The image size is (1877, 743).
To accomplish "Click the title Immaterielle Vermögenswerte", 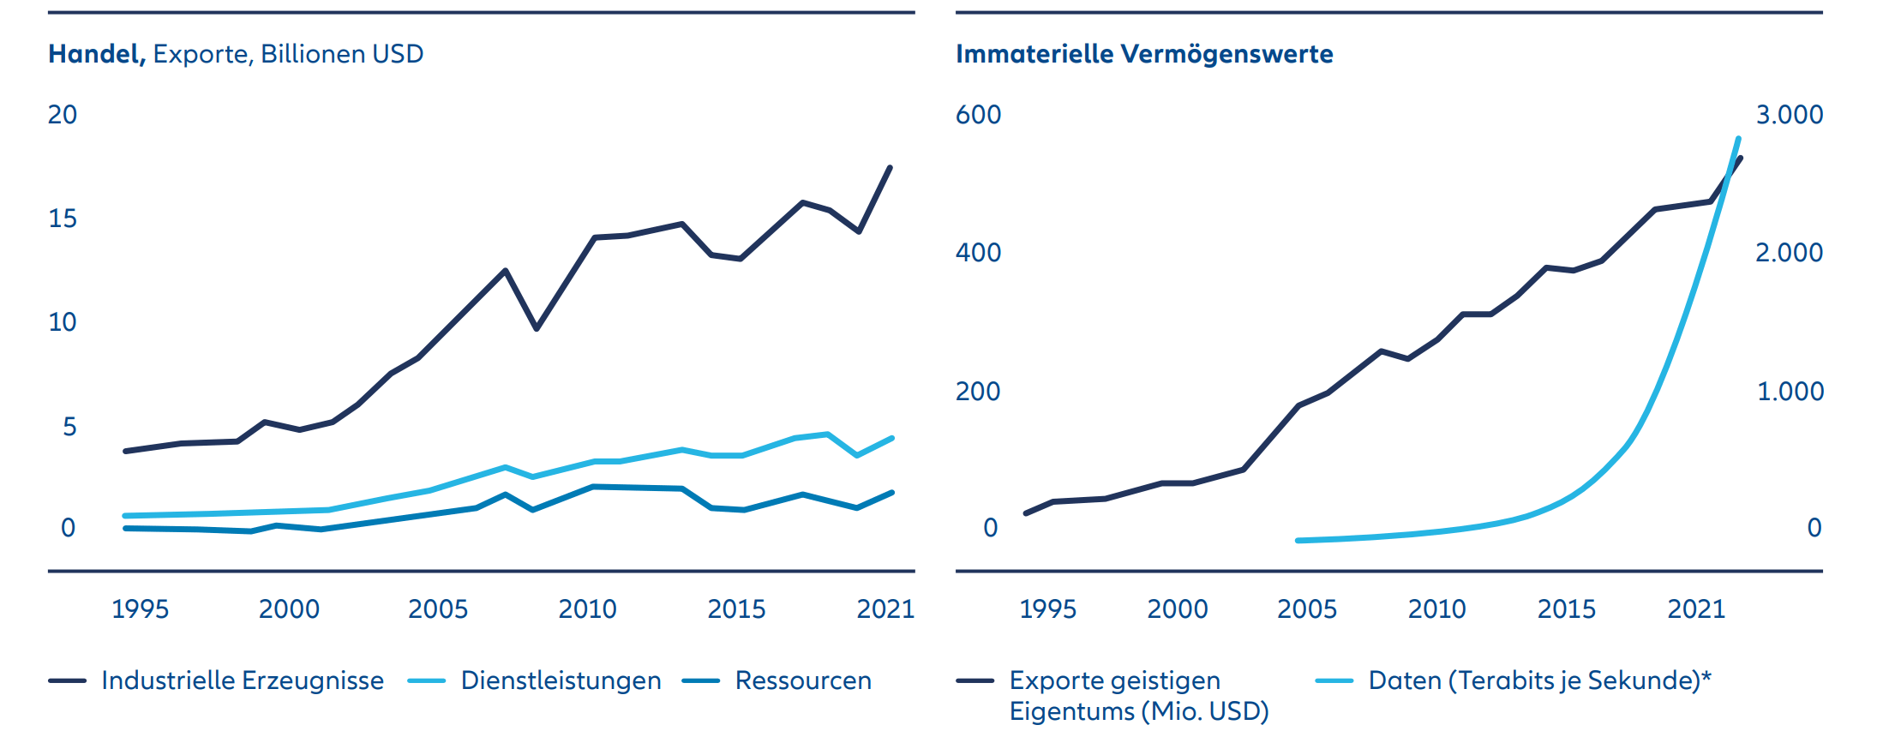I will tap(1144, 54).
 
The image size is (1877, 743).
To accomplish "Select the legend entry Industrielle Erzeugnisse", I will tap(242, 680).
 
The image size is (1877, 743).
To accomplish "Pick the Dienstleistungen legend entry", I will tap(561, 680).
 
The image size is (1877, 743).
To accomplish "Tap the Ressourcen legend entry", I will tap(802, 680).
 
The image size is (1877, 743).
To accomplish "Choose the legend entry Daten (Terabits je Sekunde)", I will tap(1538, 680).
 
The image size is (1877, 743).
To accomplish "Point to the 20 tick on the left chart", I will tap(63, 115).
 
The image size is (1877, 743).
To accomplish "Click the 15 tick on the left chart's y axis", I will tap(63, 219).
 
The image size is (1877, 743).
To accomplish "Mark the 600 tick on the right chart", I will tap(978, 115).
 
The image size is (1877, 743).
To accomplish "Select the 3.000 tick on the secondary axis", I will tap(1790, 115).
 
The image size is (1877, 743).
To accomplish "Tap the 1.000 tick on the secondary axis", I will tap(1790, 392).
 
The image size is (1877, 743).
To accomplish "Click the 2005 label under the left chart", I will tap(437, 609).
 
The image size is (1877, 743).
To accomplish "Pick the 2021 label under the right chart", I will tap(1695, 609).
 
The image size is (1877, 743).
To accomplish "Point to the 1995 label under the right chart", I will tap(1047, 609).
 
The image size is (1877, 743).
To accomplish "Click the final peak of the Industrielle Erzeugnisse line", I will tap(890, 168).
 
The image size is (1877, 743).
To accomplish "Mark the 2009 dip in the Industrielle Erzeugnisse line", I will tap(536, 328).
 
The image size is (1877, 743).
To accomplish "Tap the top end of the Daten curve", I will tap(1738, 139).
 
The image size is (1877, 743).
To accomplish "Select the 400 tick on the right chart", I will tap(978, 253).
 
